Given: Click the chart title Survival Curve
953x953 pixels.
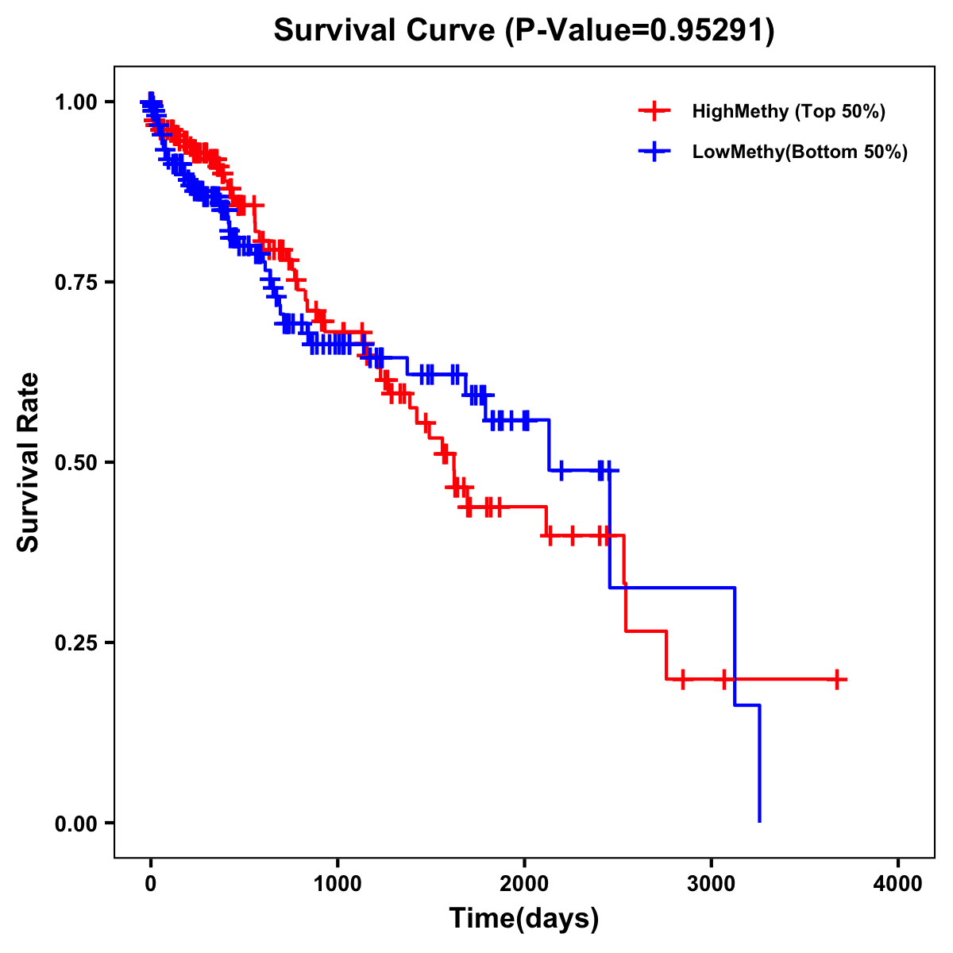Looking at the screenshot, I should coord(386,30).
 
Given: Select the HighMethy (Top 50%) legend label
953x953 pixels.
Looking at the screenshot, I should coord(789,111).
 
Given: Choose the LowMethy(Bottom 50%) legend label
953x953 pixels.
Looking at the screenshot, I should coord(800,152).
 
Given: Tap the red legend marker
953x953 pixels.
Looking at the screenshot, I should coord(654,111).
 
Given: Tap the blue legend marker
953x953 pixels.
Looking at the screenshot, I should coord(654,152).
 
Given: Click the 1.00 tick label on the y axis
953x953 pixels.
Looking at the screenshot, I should coord(75,102).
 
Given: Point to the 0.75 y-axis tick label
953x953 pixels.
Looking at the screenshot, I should coord(75,282).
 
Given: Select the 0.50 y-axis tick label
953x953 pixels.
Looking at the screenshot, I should coord(75,462).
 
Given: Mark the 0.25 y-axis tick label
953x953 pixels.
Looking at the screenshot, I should coord(75,642).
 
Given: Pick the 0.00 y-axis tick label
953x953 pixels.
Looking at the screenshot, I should coord(75,823).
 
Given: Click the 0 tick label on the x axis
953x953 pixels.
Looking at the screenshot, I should coord(151,884).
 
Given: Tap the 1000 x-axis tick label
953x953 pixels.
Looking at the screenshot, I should coord(338,884).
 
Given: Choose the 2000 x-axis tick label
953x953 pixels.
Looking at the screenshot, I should coord(524,884).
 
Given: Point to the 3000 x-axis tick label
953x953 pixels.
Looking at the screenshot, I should coord(712,884).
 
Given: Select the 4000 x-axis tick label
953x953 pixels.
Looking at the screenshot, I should coord(898,884).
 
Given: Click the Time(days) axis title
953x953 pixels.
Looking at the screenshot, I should coord(524,919).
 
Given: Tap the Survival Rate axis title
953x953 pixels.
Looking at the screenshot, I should coord(29,461).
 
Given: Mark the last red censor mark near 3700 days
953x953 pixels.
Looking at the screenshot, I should coord(837,680).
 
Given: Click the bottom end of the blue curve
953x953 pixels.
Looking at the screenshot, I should coord(760,820).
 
